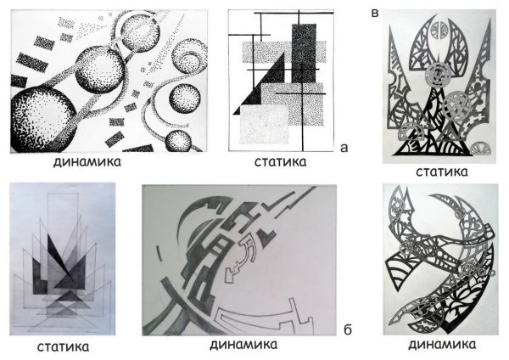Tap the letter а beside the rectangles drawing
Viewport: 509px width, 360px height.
(344, 147)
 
